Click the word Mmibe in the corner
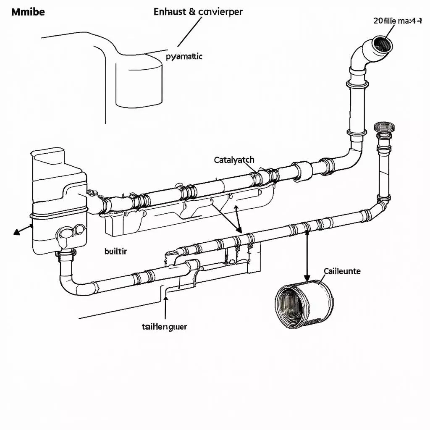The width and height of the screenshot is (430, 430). [x=28, y=12]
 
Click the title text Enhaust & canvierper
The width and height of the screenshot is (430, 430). [x=198, y=12]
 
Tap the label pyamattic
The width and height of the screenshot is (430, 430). [x=184, y=56]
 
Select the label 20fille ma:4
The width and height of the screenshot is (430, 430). [x=397, y=21]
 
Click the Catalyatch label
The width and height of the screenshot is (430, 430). [x=234, y=160]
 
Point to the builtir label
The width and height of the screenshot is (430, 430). [x=115, y=251]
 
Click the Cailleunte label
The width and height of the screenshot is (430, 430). [x=342, y=271]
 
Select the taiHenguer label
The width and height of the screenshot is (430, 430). [x=165, y=326]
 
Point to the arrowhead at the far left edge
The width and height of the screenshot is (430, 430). [x=17, y=231]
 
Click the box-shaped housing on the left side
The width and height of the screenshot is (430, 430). [x=57, y=197]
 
